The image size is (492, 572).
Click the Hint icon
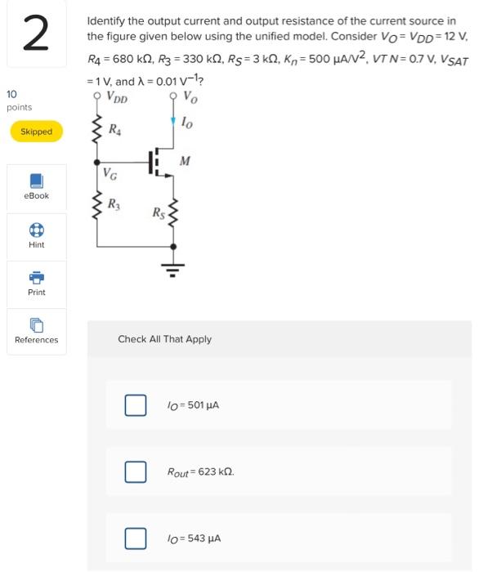coord(36,229)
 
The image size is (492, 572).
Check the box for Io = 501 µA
coord(135,404)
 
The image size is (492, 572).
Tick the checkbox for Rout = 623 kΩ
coord(135,471)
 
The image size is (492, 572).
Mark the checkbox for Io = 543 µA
coord(135,538)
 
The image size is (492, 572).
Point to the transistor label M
coord(185,160)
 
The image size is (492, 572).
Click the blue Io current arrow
coord(172,122)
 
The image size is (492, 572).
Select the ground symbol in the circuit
coord(172,267)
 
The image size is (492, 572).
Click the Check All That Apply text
coord(164,339)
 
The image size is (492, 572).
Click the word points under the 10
coord(19,108)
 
